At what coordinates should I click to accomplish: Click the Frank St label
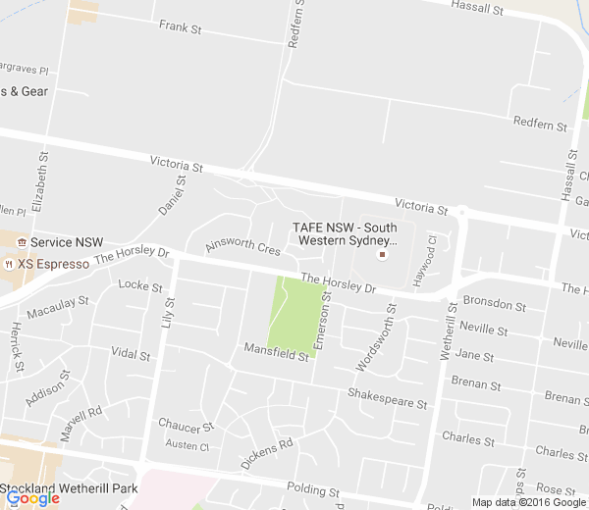point(180,27)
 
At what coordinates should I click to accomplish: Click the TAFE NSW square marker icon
point(383,255)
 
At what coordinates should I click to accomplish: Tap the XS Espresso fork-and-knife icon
point(9,264)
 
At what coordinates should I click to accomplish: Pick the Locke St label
point(139,286)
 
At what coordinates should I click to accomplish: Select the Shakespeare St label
point(388,396)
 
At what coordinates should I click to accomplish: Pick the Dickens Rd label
point(266,454)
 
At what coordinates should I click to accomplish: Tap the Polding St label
point(312,488)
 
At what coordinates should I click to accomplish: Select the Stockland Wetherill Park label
point(69,487)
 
